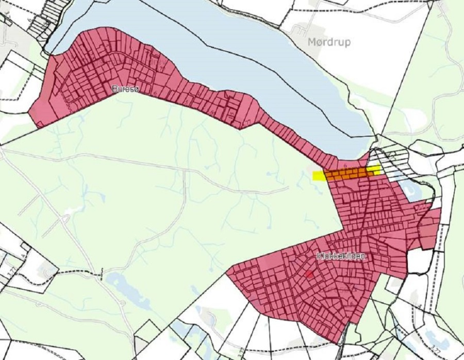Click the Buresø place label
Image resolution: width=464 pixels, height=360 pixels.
[125, 89]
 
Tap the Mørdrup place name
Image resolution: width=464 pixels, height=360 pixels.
[328, 42]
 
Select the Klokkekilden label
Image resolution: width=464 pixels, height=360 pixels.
[341, 256]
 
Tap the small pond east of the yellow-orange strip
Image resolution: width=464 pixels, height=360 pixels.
[413, 190]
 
